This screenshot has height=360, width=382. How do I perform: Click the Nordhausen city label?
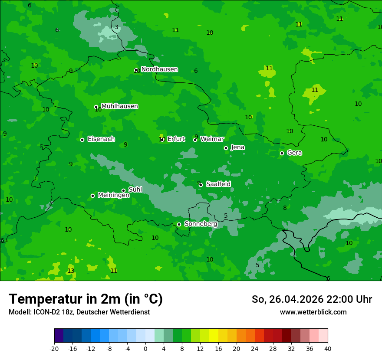(159, 69)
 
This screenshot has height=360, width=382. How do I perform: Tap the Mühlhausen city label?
(119, 106)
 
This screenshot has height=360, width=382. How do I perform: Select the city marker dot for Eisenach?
(82, 140)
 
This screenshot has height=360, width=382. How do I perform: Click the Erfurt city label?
(176, 139)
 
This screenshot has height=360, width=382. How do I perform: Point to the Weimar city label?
(212, 139)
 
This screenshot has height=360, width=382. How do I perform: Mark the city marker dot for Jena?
(226, 148)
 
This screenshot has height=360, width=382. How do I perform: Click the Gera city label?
(294, 153)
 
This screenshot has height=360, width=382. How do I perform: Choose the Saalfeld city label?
(218, 184)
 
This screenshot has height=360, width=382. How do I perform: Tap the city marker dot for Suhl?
(123, 190)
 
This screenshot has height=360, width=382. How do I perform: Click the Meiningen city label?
(113, 195)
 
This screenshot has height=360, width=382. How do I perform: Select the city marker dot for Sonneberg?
(179, 224)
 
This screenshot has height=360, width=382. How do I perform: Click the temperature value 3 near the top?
(116, 27)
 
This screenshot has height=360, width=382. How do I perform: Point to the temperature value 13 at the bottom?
(71, 271)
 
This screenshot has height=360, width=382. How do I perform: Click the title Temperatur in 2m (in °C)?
(86, 299)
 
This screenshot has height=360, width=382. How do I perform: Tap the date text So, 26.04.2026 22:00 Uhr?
(312, 299)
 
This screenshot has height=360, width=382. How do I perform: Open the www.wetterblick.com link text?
(313, 312)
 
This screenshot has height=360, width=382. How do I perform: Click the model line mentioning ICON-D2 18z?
(79, 312)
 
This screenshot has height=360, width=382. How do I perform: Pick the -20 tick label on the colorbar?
(54, 349)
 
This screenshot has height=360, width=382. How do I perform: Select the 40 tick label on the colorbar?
(327, 349)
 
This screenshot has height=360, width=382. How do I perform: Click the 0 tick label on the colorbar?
(145, 349)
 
